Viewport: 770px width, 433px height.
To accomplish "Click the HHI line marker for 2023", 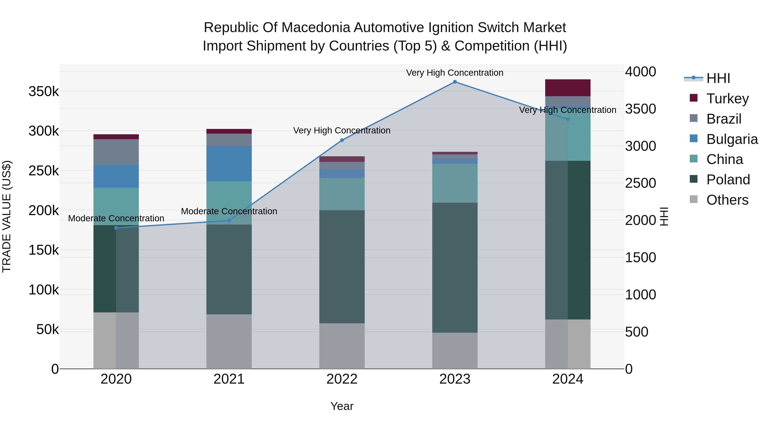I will pos(455,82).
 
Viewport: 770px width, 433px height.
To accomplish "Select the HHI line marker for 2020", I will pos(116,228).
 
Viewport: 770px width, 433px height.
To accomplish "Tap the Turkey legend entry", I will pos(727,99).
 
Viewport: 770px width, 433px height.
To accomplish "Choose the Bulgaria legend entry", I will pos(732,139).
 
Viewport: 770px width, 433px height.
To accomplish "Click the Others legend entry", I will pos(727,200).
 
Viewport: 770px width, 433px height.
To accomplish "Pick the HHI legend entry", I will pos(718,78).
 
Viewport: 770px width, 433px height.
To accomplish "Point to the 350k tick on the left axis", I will pos(44,92).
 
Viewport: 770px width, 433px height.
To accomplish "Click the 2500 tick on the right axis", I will pos(640,183).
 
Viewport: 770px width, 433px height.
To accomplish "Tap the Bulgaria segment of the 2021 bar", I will pos(229,164).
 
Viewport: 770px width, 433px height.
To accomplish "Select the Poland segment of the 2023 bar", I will pos(455,267).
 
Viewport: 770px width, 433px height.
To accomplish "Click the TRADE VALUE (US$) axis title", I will pos(7,216).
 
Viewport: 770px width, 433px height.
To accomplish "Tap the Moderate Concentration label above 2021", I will pos(229,211).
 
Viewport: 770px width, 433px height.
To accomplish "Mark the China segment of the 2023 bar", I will pos(455,183).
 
